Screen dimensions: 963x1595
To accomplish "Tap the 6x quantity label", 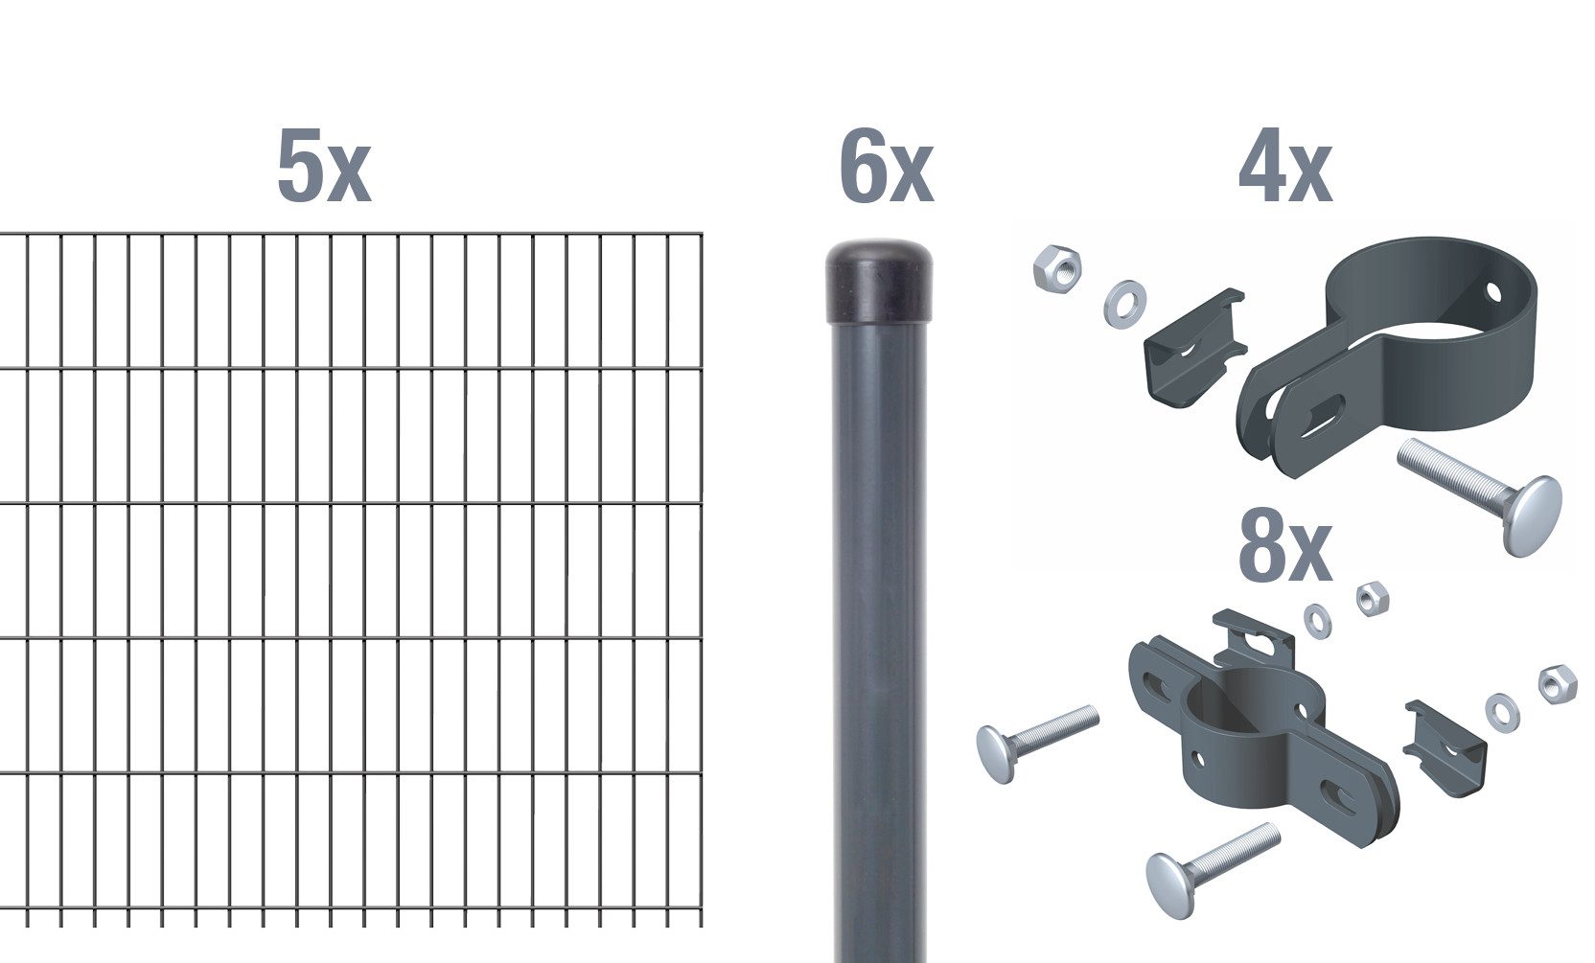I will tap(885, 169).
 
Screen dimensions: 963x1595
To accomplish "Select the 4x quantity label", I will tap(1284, 170).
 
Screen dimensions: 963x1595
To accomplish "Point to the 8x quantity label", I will tap(1284, 549).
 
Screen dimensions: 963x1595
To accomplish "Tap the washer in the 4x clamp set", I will tap(1124, 302).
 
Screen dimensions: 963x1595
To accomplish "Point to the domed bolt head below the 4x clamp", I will tap(1528, 515).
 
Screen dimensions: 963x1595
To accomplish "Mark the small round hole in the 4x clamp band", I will tap(1493, 288).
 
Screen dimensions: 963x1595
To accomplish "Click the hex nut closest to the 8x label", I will tap(1373, 599).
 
